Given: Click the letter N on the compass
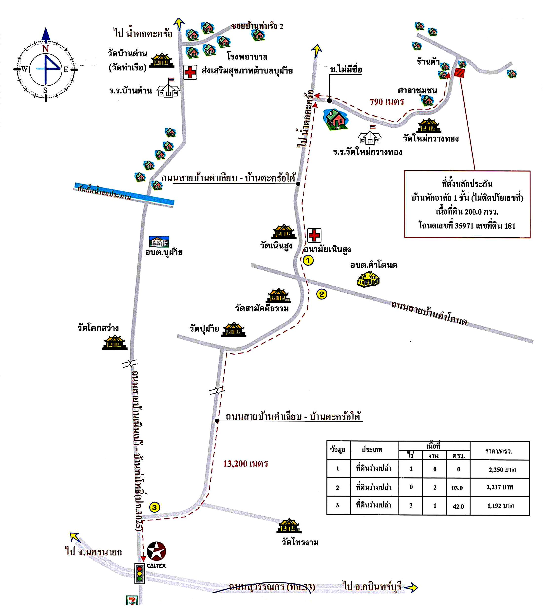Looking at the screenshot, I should (x=45, y=48).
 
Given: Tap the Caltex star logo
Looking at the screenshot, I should (x=156, y=551).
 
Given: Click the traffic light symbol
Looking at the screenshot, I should (x=139, y=573).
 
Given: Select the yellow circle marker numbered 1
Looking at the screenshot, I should (x=308, y=260).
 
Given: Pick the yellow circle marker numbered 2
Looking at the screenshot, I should (x=322, y=294).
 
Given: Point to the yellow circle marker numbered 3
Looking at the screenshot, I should (x=154, y=507).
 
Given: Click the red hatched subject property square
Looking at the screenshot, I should (x=459, y=73).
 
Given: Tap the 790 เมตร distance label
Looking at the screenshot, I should (x=387, y=102).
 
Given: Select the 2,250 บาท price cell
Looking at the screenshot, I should (x=502, y=469).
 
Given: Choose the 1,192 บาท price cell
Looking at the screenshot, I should (x=500, y=506).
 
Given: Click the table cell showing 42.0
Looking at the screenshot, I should (x=458, y=506).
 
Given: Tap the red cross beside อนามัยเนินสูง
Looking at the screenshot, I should (x=314, y=235).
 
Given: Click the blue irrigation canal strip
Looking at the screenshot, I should (x=124, y=193).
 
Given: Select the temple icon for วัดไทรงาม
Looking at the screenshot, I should (x=289, y=526).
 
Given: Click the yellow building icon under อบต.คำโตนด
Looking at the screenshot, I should (x=368, y=280).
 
